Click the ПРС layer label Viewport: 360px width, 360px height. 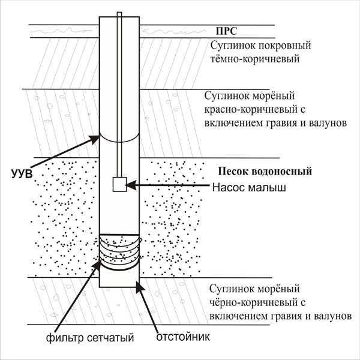pyautogui.click(x=226, y=31)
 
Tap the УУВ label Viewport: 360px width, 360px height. pyautogui.click(x=22, y=174)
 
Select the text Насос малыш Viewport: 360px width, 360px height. pyautogui.click(x=249, y=188)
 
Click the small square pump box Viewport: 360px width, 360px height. pyautogui.click(x=119, y=184)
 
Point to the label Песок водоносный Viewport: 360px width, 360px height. pyautogui.click(x=265, y=171)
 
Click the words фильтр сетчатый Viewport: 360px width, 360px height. pyautogui.click(x=90, y=338)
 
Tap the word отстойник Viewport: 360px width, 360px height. pyautogui.click(x=183, y=337)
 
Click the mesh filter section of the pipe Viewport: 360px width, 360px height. pyautogui.click(x=119, y=252)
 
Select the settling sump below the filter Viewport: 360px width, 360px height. pyautogui.click(x=119, y=278)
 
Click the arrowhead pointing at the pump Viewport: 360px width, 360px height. pyautogui.click(x=131, y=185)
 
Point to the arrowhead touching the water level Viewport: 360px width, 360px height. pyautogui.click(x=95, y=139)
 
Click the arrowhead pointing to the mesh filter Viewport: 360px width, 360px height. pyautogui.click(x=97, y=265)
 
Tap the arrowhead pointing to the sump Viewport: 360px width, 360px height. pyautogui.click(x=139, y=287)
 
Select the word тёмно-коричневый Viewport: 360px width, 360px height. pyautogui.click(x=255, y=59)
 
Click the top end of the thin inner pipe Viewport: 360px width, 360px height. pyautogui.click(x=119, y=13)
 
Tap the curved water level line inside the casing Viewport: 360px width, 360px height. pyautogui.click(x=119, y=141)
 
